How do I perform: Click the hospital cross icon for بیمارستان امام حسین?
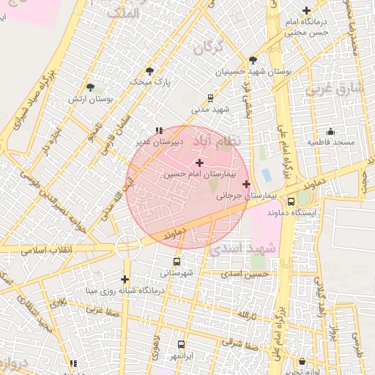pyautogui.click(x=199, y=162)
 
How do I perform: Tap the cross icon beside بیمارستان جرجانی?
pyautogui.click(x=246, y=184)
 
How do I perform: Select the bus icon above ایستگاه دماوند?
pyautogui.click(x=292, y=201)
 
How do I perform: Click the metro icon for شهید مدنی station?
pyautogui.click(x=211, y=97)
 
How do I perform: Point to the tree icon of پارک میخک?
pyautogui.click(x=150, y=71)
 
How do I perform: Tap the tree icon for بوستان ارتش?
pyautogui.click(x=90, y=87)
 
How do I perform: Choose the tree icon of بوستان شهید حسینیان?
pyautogui.click(x=253, y=60)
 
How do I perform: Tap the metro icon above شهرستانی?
pyautogui.click(x=176, y=261)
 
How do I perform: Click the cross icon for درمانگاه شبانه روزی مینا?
pyautogui.click(x=125, y=279)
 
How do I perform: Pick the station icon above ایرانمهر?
pyautogui.click(x=181, y=344)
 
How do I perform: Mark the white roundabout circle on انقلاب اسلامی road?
pyautogui.click(x=127, y=246)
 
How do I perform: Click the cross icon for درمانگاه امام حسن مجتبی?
pyautogui.click(x=306, y=10)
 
